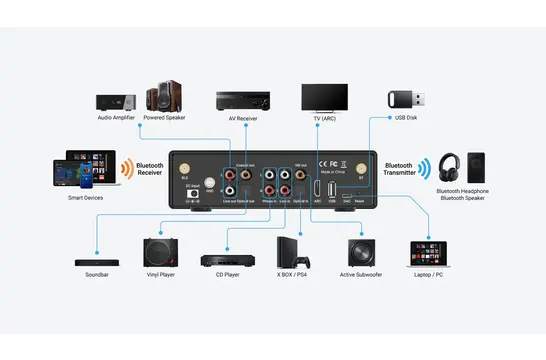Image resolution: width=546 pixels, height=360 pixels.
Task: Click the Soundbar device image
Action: pyautogui.click(x=97, y=262)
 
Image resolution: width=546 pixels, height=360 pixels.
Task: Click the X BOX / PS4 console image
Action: pyautogui.click(x=292, y=250)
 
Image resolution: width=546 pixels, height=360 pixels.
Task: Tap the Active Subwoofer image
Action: pyautogui.click(x=362, y=251)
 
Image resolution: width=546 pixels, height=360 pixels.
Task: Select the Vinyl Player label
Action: pyautogui.click(x=160, y=274)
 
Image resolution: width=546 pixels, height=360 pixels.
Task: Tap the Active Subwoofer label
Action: pyautogui.click(x=362, y=274)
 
